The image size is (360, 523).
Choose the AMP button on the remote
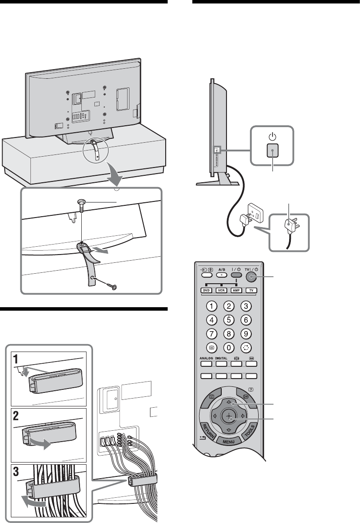pyautogui.click(x=237, y=290)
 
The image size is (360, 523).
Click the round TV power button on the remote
pyautogui.click(x=252, y=276)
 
